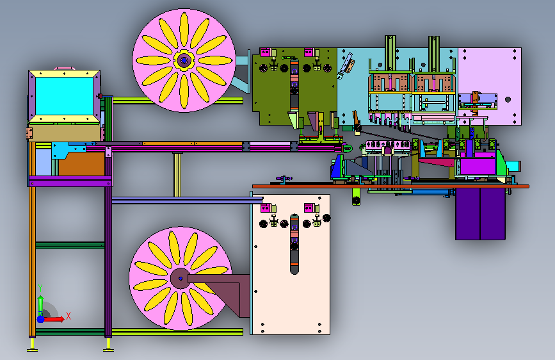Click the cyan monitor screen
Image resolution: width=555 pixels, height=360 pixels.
click(x=65, y=95)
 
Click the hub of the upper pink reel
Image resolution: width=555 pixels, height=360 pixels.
click(x=184, y=61)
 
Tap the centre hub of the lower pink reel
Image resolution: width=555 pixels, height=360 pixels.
click(x=181, y=279)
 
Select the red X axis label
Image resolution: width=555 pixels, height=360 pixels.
click(x=68, y=316)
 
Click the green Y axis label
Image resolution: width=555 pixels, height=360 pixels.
click(x=40, y=288)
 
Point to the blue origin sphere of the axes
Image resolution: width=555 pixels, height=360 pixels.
click(x=41, y=319)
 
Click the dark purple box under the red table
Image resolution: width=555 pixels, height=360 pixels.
click(x=480, y=214)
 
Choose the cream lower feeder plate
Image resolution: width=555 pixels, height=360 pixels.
click(x=290, y=265)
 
